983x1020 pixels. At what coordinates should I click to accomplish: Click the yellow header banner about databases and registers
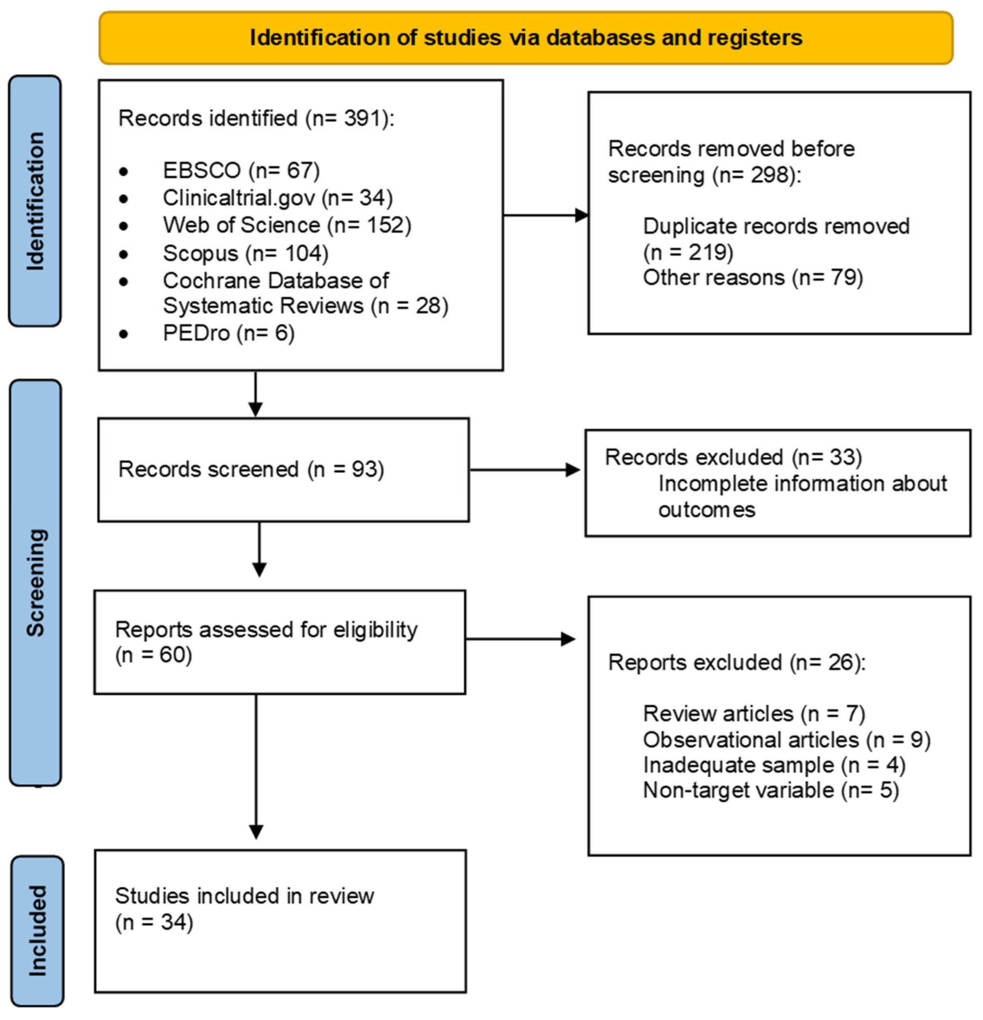tap(526, 38)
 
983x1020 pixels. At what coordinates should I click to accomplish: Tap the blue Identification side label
tap(35, 201)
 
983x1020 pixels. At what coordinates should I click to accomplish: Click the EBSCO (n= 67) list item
tap(241, 170)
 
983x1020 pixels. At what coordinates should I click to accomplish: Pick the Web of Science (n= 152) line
tap(287, 226)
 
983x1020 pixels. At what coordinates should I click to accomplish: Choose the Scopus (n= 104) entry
tap(246, 254)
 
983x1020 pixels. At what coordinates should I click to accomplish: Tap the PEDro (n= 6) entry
tap(228, 333)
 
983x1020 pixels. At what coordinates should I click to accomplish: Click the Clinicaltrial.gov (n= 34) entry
tap(277, 198)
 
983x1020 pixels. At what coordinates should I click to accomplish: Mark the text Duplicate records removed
tap(776, 226)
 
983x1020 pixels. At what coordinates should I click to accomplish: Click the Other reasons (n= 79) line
tap(752, 277)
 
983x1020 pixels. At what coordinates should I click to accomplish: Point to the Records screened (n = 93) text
tap(251, 469)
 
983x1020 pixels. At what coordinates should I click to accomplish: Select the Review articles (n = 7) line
tap(753, 713)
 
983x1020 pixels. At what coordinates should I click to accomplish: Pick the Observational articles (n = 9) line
tap(786, 740)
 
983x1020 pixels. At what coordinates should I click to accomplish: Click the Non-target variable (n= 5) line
tap(771, 790)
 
